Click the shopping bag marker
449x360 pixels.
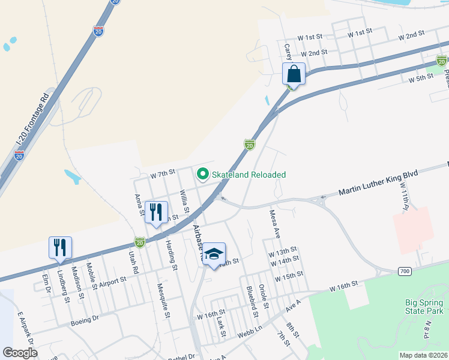[x=294, y=74]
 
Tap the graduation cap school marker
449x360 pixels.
[x=214, y=254]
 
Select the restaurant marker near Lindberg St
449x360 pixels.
[x=61, y=248]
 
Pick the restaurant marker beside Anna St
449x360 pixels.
[x=156, y=212]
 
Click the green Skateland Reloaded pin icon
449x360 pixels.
[x=203, y=175]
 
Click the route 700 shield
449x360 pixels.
[x=405, y=272]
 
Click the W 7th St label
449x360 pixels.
[x=163, y=173]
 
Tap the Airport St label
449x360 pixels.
[x=112, y=280]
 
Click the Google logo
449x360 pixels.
[x=20, y=353]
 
